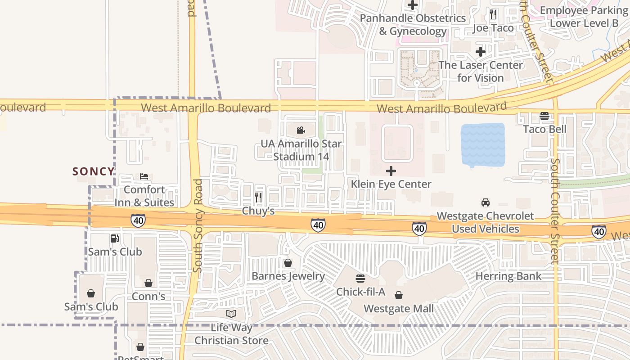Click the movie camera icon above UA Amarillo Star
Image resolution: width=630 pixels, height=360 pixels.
301,130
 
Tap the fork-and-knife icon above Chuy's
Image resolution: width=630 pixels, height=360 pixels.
258,197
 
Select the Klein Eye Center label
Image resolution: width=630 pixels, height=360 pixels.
391,184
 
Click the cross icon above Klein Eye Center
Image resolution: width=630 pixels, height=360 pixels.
391,171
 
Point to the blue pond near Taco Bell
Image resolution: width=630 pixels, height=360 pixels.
482,145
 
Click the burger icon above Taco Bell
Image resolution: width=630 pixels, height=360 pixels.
544,116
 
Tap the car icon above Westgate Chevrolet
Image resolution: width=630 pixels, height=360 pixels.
486,202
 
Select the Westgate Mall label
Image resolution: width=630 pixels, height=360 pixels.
399,309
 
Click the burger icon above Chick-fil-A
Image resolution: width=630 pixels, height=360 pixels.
360,279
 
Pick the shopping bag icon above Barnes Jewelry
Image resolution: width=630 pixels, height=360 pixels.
288,263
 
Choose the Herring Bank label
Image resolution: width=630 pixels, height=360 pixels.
508,276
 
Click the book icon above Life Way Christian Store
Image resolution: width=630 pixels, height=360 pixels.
231,314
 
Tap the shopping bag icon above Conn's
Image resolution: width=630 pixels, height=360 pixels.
148,283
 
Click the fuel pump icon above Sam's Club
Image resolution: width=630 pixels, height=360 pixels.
115,238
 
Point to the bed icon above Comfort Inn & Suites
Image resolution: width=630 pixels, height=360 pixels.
144,176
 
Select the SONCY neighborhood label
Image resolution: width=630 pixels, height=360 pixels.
94,171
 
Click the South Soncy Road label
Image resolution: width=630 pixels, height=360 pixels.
198,225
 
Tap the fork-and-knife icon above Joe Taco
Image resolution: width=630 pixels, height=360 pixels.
493,14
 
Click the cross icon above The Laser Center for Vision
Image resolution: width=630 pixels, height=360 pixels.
481,52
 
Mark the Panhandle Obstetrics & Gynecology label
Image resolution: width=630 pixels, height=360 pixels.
413,25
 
